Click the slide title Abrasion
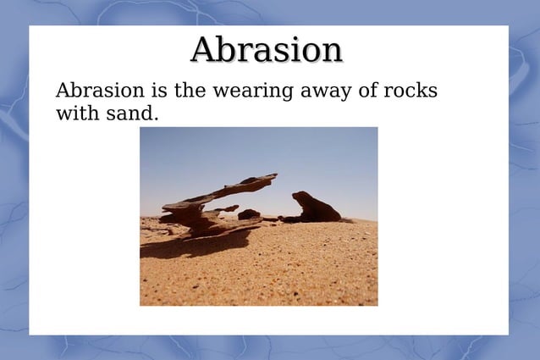click(x=267, y=49)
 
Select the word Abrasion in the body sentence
click(x=94, y=91)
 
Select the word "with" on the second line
click(x=76, y=113)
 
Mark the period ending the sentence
click(x=157, y=118)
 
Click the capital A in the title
click(x=204, y=50)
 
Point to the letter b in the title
click(x=228, y=49)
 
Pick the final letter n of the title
click(x=331, y=53)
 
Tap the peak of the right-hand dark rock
click(x=300, y=195)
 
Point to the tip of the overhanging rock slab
click(x=273, y=176)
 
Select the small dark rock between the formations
click(x=248, y=215)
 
